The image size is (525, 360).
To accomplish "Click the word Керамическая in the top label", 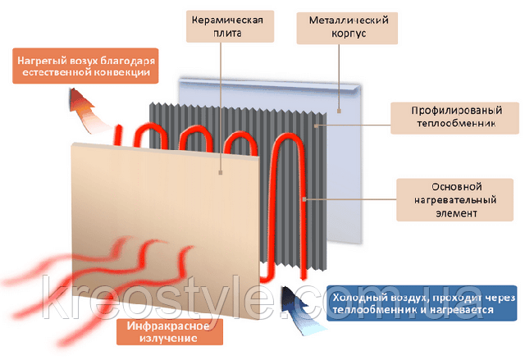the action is click(227, 20).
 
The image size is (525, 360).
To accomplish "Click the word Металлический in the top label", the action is click(349, 21).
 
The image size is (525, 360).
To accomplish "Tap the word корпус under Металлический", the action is click(349, 34).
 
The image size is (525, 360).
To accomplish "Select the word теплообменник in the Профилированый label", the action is click(456, 124).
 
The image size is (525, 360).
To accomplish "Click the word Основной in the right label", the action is click(456, 187).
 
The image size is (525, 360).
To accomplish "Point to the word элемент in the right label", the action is click(456, 213).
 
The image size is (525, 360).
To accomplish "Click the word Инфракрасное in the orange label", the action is click(168, 326).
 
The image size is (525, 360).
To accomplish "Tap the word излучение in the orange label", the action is click(168, 338).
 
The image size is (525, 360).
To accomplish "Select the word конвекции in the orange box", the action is click(122, 72).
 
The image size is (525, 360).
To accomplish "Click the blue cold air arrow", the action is click(300, 309).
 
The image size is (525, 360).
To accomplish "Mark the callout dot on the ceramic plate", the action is click(221, 172).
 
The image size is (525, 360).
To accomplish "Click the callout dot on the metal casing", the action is click(339, 111).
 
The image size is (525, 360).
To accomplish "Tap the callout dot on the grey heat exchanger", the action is click(316, 125).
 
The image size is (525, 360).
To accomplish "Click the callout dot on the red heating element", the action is click(304, 199).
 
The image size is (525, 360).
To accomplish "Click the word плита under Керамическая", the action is click(228, 34).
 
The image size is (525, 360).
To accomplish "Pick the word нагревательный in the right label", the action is click(455, 200).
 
